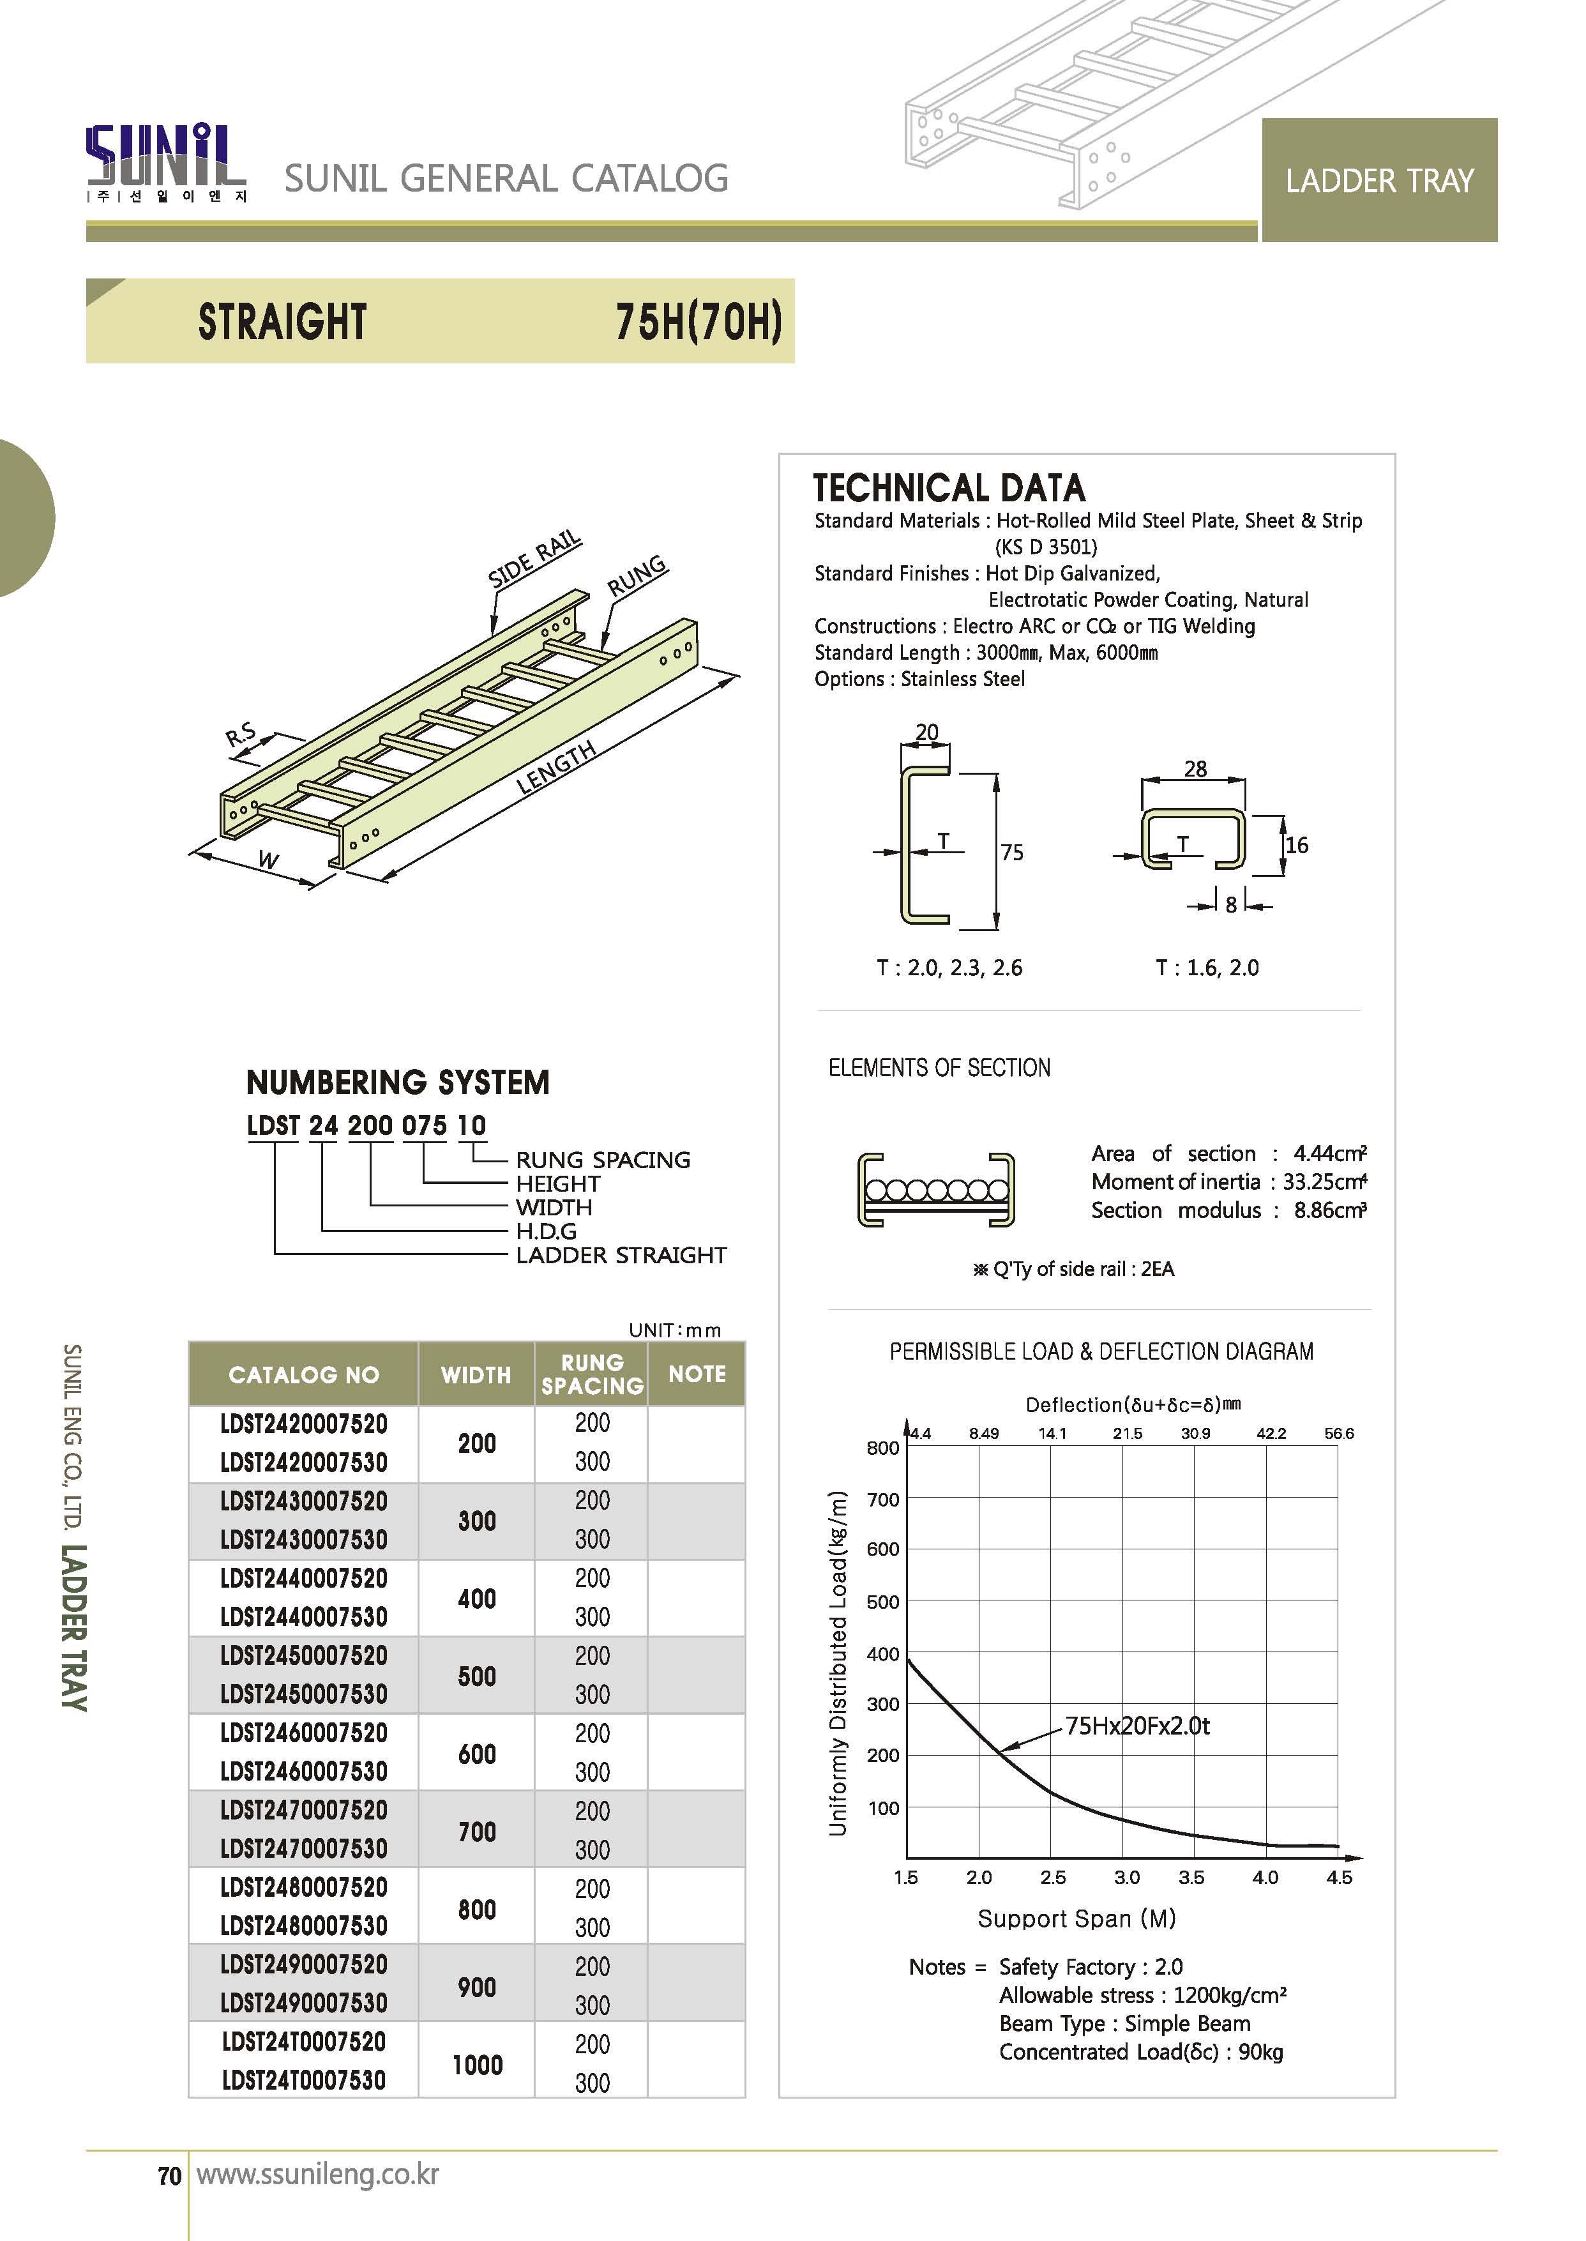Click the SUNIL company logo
[x=166, y=161]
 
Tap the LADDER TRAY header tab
[x=1379, y=181]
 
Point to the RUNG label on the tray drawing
[x=637, y=576]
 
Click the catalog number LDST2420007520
[x=304, y=1424]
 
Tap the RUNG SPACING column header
[x=592, y=1374]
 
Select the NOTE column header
[x=697, y=1374]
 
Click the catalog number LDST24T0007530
[x=304, y=2081]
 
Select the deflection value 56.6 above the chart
[x=1339, y=1433]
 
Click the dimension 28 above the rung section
[x=1195, y=769]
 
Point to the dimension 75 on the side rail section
[x=1012, y=852]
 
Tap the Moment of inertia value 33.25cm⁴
[x=1324, y=1182]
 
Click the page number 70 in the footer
[x=170, y=2176]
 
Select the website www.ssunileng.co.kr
[x=317, y=2175]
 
